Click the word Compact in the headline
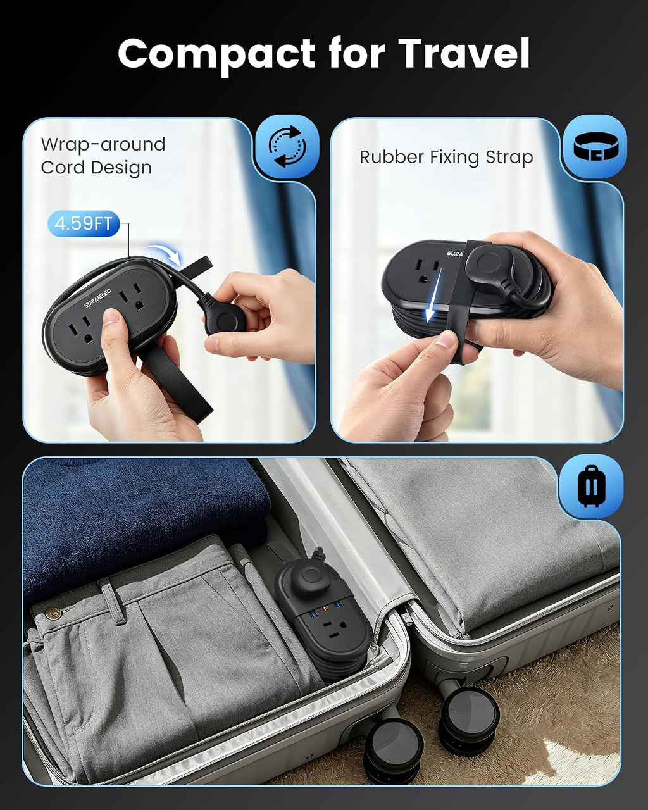point(216,55)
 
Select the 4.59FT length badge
point(84,223)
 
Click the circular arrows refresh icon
point(287,146)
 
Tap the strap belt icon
point(595,146)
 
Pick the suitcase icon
point(591,486)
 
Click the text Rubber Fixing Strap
point(446,157)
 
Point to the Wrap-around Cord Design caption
point(103,156)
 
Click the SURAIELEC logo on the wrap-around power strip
point(97,299)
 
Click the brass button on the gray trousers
point(53,614)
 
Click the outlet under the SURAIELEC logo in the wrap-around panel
point(132,297)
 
